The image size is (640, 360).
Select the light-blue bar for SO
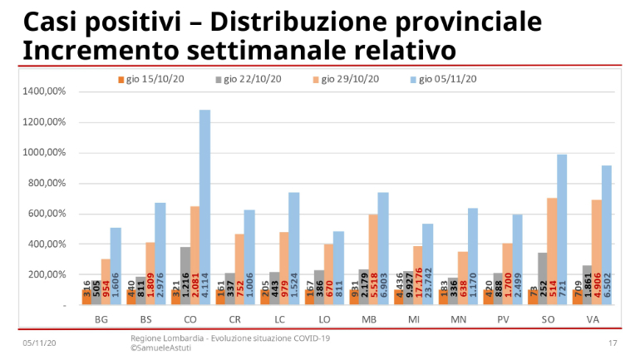562,224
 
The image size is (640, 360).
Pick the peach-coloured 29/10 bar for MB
373,254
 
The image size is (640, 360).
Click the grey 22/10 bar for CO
184,270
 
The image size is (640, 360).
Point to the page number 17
613,343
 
